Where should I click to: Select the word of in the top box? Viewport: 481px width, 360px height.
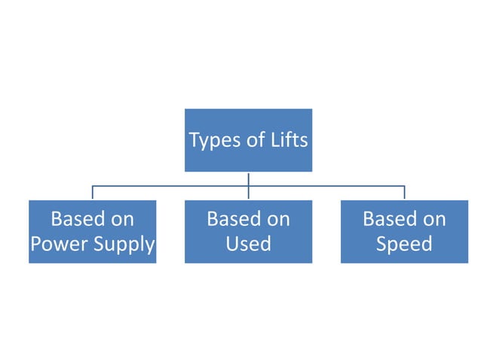click(257, 140)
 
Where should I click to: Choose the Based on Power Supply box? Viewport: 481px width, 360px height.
click(92, 253)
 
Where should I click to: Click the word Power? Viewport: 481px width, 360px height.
click(60, 245)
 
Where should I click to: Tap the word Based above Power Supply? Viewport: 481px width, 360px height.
click(75, 219)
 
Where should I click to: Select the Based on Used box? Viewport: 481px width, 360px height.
click(248, 253)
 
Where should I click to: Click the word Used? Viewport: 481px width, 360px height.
click(248, 245)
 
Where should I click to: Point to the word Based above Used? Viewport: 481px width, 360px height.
click(231, 219)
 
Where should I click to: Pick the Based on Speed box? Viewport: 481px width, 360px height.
click(404, 253)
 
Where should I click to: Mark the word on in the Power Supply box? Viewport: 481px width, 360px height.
click(120, 219)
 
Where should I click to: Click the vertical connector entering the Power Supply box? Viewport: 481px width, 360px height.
click(92, 193)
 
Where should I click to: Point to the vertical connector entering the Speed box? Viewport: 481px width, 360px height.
click(404, 193)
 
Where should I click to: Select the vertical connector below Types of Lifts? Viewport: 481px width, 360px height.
click(248, 178)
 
